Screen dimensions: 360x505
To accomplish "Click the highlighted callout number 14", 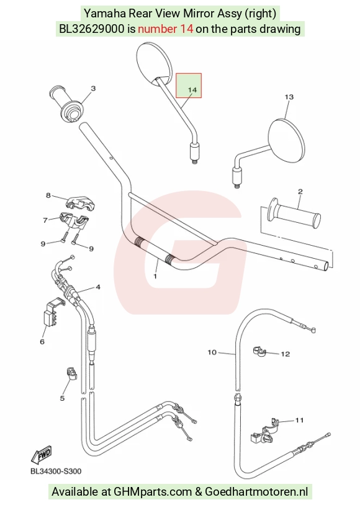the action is [x=192, y=89].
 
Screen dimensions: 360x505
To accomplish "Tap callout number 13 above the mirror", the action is [x=289, y=97].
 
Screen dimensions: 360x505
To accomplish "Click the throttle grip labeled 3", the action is [x=68, y=104].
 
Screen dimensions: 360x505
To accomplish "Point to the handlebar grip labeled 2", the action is [x=294, y=215].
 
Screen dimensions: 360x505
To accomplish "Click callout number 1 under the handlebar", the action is [x=155, y=276].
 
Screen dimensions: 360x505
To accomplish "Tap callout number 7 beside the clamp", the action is [x=45, y=220].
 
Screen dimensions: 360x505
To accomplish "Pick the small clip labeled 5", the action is [x=71, y=373].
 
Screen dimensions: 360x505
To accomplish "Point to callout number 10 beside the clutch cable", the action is [x=212, y=352].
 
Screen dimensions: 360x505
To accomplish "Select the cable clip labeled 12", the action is [x=258, y=351].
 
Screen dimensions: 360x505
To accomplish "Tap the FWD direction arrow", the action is [x=42, y=454].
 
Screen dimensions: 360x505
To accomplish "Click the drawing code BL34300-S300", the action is [x=56, y=471].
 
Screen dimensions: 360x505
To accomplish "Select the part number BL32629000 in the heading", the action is [x=91, y=29].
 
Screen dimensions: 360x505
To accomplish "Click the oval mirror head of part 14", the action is [x=155, y=62].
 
